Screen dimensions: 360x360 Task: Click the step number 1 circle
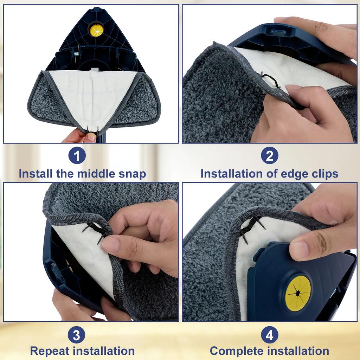[77, 156]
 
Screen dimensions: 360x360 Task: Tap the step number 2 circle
[269, 156]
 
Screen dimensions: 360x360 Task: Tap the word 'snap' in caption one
[132, 174]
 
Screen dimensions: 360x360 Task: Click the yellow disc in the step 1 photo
[96, 30]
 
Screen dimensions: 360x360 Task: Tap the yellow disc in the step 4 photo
[298, 293]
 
